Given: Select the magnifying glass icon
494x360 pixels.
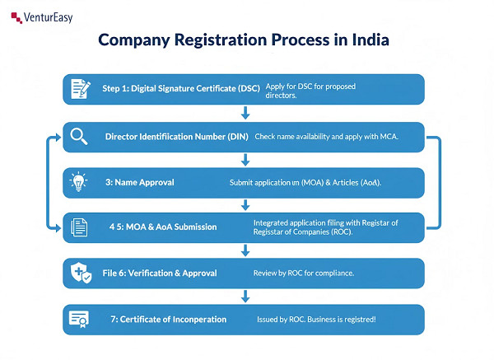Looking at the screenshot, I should [80, 136].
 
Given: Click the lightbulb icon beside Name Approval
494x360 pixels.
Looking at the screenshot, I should [80, 181].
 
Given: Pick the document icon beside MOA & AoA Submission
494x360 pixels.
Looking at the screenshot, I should [80, 227].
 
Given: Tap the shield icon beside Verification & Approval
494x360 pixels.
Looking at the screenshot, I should [80, 273].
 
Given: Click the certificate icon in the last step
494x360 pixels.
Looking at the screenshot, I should [80, 319].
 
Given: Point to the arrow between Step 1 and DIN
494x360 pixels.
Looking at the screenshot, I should [245, 112].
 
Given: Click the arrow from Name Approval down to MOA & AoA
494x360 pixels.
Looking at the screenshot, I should [245, 204].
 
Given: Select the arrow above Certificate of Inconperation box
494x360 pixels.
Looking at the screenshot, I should [245, 296].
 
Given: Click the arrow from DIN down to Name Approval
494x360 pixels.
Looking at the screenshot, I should [245, 159].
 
